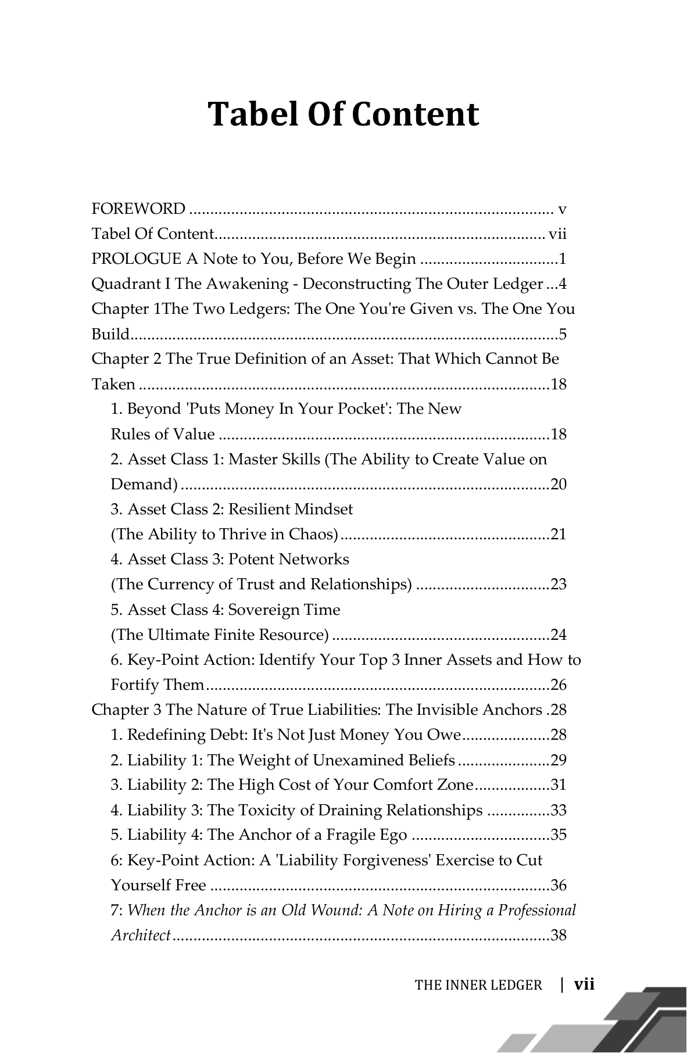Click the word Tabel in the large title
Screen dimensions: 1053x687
coord(253,114)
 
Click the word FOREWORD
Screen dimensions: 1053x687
coord(138,209)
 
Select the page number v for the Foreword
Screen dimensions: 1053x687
coord(562,209)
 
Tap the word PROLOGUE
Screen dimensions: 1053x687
coord(136,259)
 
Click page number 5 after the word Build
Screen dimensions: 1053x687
coord(562,335)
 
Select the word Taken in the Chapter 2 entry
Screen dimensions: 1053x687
coord(113,385)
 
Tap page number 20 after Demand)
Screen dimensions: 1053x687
coord(558,485)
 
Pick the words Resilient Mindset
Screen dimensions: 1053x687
coord(291,510)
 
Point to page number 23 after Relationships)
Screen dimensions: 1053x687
coord(558,585)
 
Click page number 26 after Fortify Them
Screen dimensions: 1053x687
coord(558,685)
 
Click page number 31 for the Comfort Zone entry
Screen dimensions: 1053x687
coord(558,785)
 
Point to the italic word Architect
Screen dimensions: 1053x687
coord(141,936)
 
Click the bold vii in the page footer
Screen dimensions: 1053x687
coord(584,984)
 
